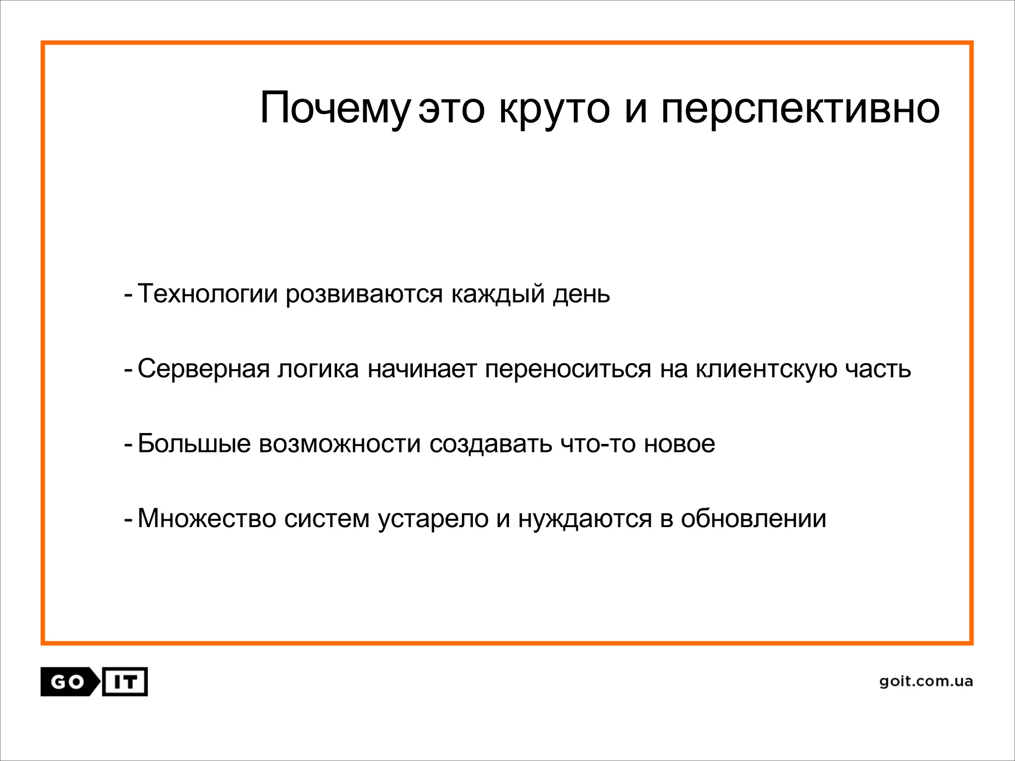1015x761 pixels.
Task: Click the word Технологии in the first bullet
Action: pyautogui.click(x=207, y=293)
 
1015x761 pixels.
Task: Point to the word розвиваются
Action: pyautogui.click(x=364, y=293)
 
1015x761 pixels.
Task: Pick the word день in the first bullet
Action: pyautogui.click(x=581, y=293)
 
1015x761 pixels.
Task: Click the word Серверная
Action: pyautogui.click(x=203, y=369)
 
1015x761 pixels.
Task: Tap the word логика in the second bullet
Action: pyautogui.click(x=318, y=369)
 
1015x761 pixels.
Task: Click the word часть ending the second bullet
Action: pyautogui.click(x=878, y=369)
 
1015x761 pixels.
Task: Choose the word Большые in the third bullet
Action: pyautogui.click(x=194, y=443)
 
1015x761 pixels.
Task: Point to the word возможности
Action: pyautogui.click(x=340, y=443)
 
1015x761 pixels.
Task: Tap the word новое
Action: pyautogui.click(x=679, y=443)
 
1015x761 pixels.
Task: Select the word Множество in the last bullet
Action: pyautogui.click(x=207, y=519)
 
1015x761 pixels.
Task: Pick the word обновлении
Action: pyautogui.click(x=753, y=519)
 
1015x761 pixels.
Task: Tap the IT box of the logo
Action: pyautogui.click(x=125, y=682)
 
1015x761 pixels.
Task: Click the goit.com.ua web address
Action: pyautogui.click(x=926, y=682)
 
